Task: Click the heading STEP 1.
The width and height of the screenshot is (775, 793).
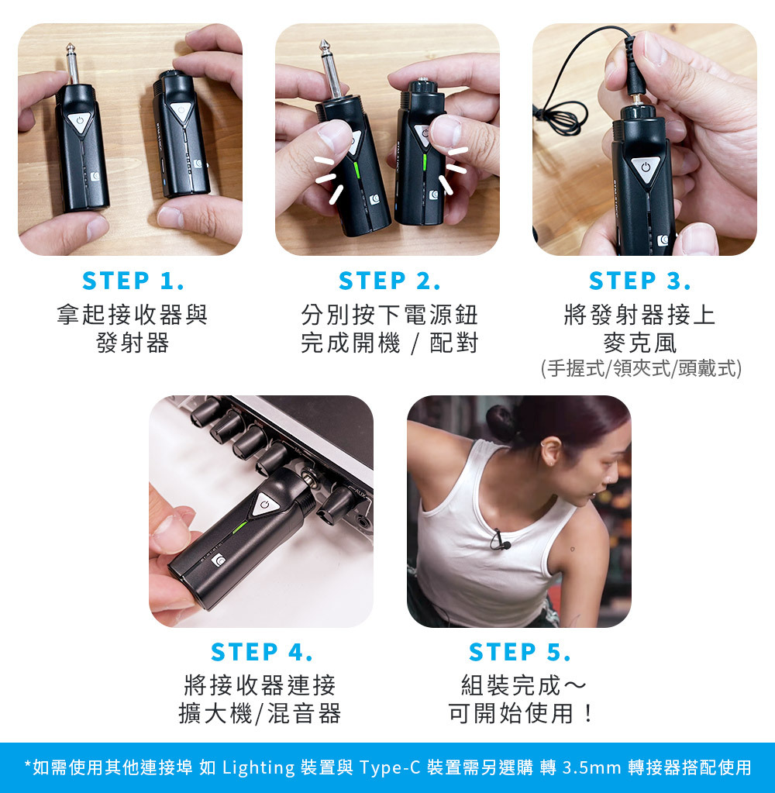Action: [133, 280]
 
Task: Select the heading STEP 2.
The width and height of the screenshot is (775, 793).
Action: [389, 280]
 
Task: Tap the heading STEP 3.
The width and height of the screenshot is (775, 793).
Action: [639, 280]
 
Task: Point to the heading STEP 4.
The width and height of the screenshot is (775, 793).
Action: [261, 652]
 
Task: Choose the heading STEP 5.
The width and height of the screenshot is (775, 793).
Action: [519, 652]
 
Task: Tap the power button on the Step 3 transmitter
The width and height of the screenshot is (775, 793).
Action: [645, 167]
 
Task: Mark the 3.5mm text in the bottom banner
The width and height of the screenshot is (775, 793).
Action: [591, 767]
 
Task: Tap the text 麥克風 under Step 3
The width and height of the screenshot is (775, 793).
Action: [639, 342]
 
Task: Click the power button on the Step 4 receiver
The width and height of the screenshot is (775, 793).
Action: [266, 504]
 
